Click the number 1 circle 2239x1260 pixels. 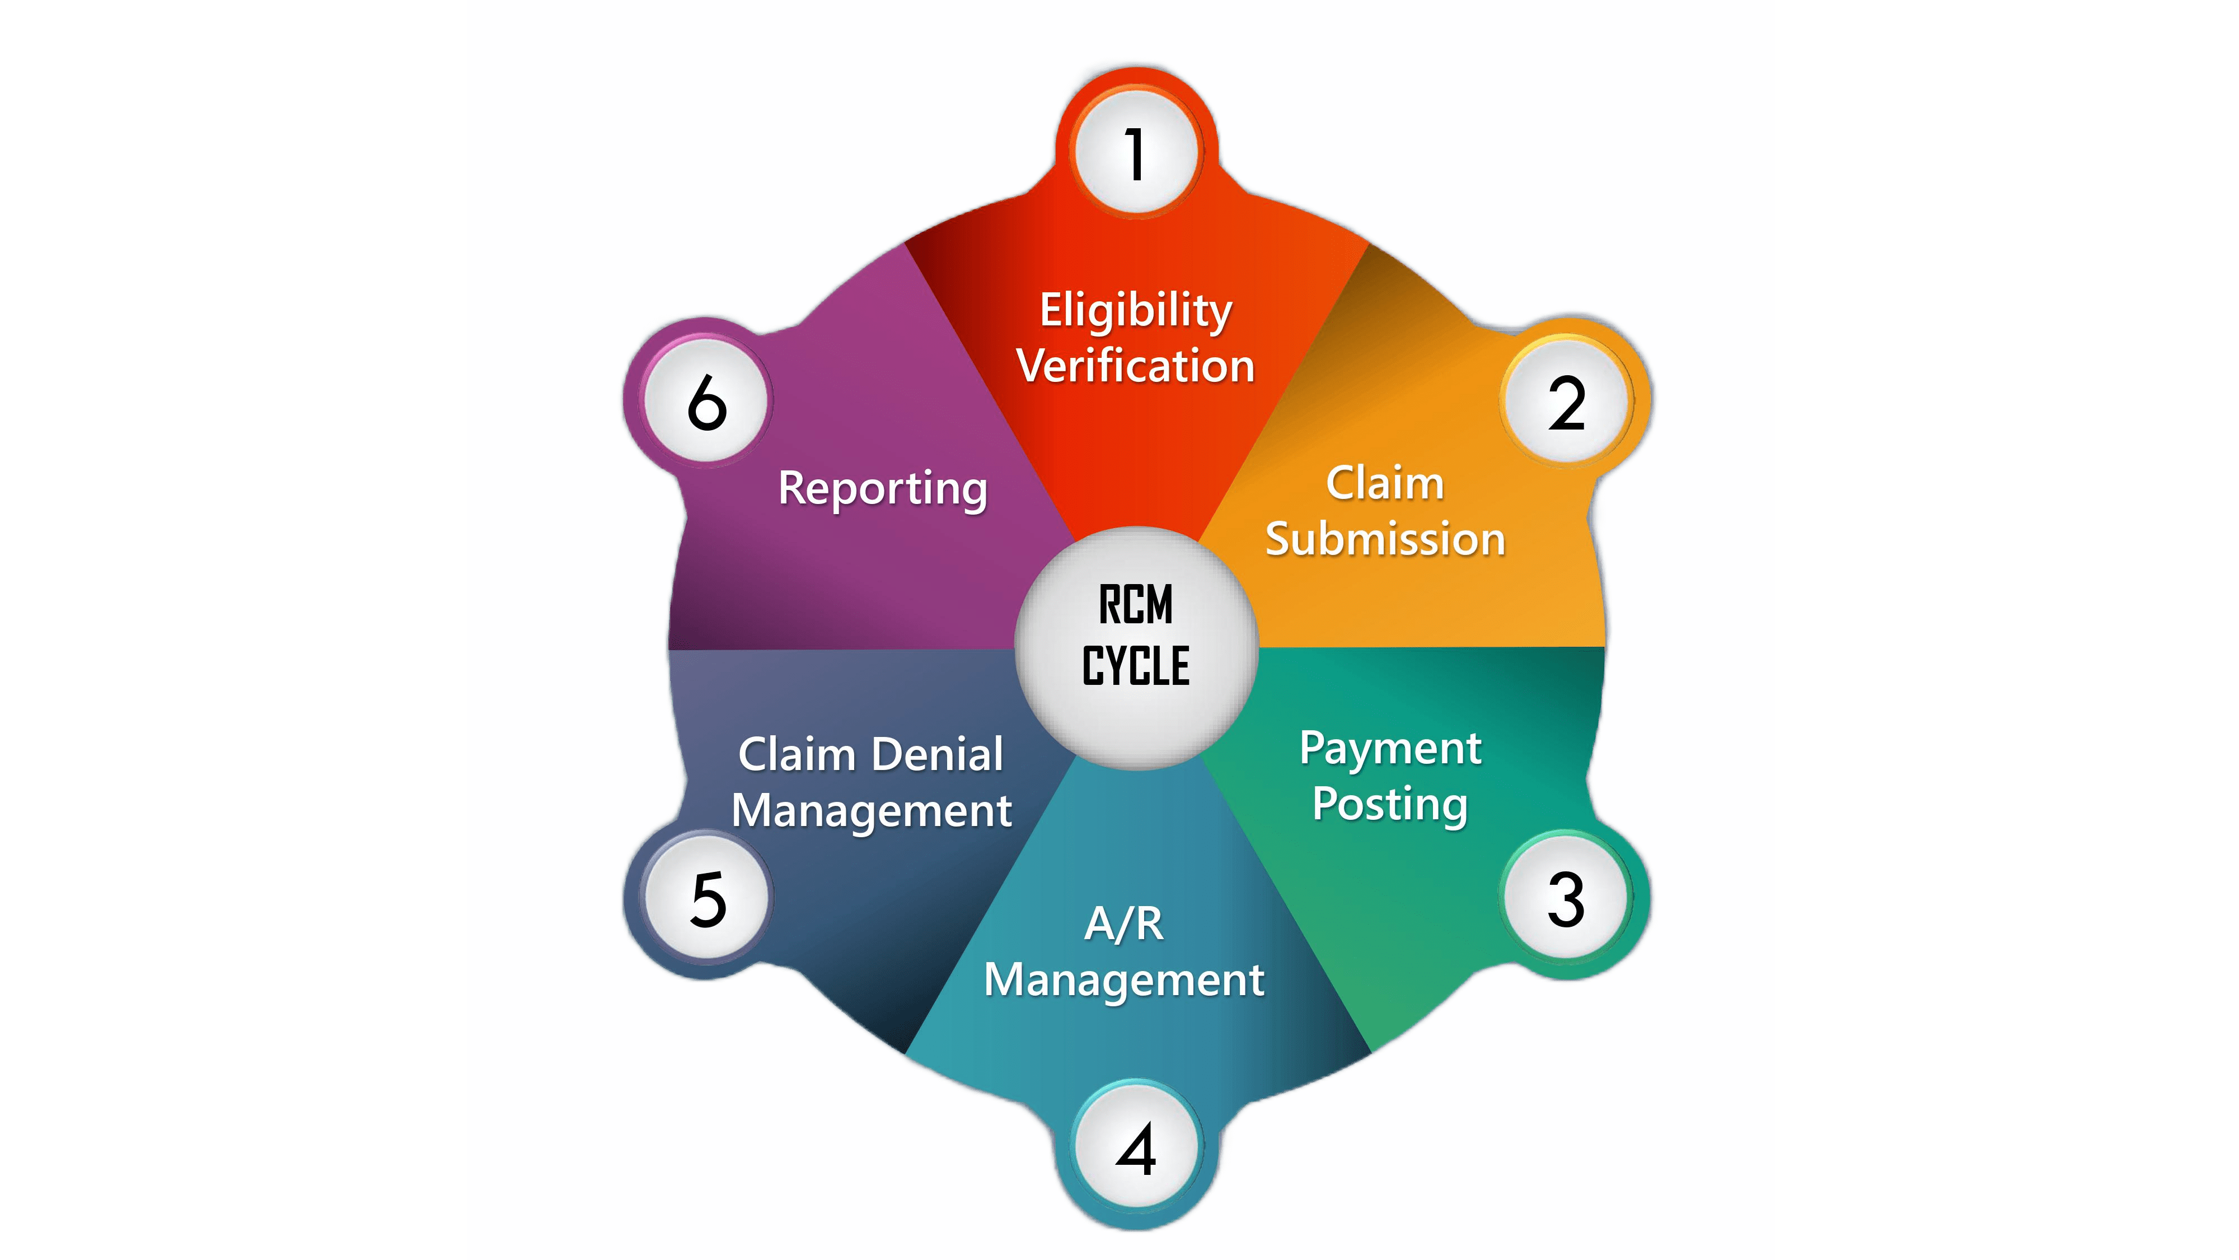pos(1136,153)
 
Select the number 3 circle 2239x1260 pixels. pos(1566,898)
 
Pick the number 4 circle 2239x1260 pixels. pos(1136,1148)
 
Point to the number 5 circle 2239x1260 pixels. pos(708,898)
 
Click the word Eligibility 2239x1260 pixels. pos(1136,311)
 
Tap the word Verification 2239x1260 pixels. pos(1136,365)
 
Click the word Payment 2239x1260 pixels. pos(1390,749)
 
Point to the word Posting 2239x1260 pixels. pos(1390,804)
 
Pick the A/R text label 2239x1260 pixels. pos(1124,923)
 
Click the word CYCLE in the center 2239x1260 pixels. pos(1136,666)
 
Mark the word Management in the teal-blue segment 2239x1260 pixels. pos(1124,980)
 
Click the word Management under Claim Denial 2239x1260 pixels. pos(872,810)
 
